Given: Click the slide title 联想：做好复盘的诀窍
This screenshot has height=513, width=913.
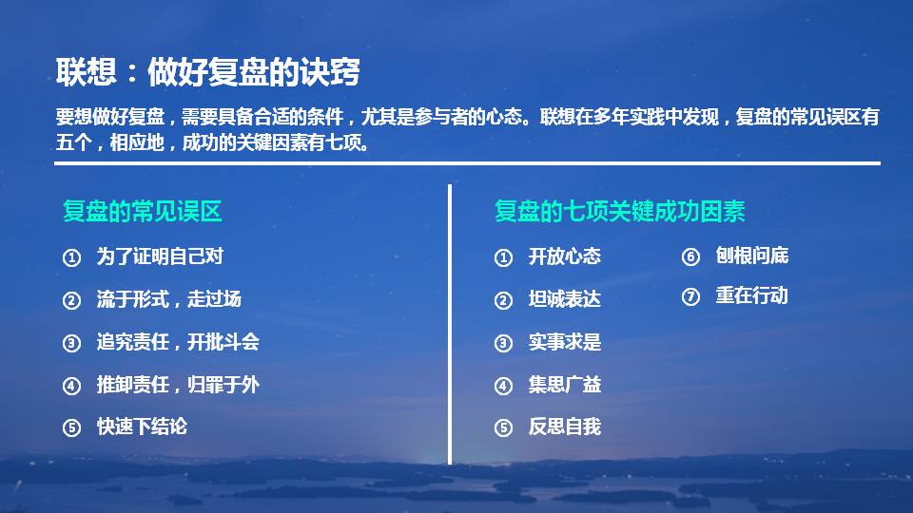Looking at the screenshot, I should tap(207, 72).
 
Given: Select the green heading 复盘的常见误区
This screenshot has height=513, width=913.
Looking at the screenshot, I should tap(143, 211).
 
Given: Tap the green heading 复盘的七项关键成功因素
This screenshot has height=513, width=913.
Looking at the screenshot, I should tap(619, 211).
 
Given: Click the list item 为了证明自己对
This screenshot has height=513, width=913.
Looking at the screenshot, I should tap(160, 256).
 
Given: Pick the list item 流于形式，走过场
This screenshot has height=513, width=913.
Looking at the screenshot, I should tap(169, 299).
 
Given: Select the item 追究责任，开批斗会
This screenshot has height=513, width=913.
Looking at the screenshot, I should tap(178, 342).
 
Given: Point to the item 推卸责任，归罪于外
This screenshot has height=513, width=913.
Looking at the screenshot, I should tap(178, 385).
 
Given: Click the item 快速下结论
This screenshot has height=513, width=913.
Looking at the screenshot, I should tap(142, 427).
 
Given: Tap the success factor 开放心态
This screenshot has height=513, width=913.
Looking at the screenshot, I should tap(565, 256).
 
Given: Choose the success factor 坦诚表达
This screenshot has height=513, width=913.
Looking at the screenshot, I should tap(565, 299).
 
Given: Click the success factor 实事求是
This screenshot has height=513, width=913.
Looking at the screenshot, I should tap(565, 342).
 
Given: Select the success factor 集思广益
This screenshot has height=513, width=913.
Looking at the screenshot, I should tap(565, 385).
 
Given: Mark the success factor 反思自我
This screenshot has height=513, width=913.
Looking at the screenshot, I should tap(565, 427).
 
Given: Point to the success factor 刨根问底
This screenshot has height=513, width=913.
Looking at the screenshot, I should tap(752, 256).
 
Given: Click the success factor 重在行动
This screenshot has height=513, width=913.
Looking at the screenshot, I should tap(752, 295).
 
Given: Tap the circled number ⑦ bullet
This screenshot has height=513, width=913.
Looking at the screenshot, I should tap(691, 296).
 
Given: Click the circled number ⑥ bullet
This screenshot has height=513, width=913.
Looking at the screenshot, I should tap(691, 256).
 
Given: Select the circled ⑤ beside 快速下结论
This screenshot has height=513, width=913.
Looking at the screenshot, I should tap(71, 427).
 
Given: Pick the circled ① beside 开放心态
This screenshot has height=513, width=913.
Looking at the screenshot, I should tap(504, 257).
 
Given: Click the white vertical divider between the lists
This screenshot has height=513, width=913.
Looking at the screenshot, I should tap(449, 323).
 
